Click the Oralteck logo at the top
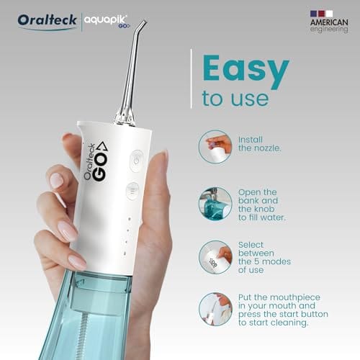[x=47, y=21]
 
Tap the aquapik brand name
[x=106, y=19]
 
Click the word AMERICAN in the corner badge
[x=329, y=22]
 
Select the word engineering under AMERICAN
[x=329, y=30]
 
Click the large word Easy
[x=246, y=71]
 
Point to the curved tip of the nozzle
[x=143, y=23]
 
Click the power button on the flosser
[x=137, y=161]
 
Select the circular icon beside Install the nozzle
[x=215, y=147]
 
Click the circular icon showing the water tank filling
[x=215, y=204]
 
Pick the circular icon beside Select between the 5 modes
[x=215, y=257]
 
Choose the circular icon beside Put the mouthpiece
[x=215, y=309]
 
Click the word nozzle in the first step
[x=267, y=148]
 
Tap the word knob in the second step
[x=264, y=209]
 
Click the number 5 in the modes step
[x=257, y=261]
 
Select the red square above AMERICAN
[x=322, y=14]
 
